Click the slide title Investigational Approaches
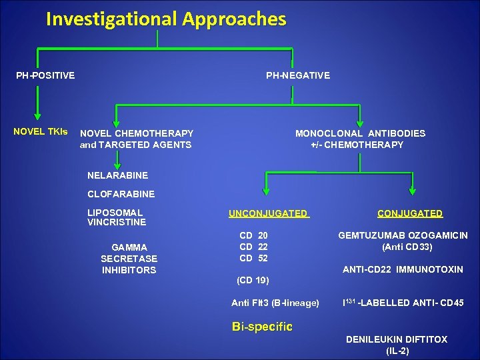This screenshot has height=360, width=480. [x=166, y=19]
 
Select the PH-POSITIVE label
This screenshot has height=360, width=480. [x=45, y=75]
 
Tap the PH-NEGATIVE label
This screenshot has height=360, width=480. [x=297, y=75]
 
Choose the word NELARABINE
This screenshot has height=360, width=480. [x=117, y=175]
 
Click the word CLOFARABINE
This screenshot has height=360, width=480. [x=121, y=194]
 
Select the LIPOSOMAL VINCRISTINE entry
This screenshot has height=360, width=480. [x=117, y=217]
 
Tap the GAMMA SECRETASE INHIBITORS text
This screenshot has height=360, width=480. [x=129, y=259]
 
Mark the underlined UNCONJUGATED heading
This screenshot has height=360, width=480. [x=268, y=213]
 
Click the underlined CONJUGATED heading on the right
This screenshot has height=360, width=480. [x=409, y=213]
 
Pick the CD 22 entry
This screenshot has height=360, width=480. [x=253, y=247]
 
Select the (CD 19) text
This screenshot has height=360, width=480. [x=253, y=279]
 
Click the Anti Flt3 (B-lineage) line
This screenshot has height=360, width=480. [x=275, y=303]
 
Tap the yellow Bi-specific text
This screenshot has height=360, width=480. [x=262, y=327]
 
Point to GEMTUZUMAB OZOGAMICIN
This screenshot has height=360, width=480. [x=403, y=235]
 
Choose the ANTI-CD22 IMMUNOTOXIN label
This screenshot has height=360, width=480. [x=403, y=269]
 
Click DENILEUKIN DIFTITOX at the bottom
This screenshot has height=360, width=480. [x=396, y=339]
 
